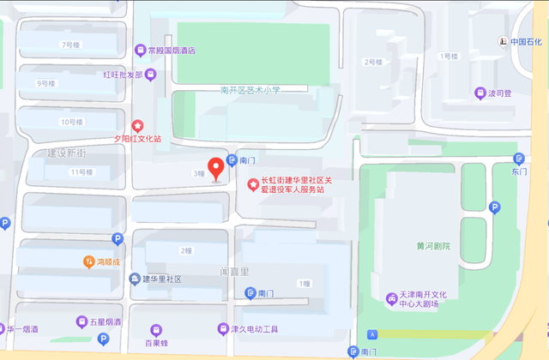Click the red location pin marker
click(x=216, y=167)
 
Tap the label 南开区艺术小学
click(x=250, y=88)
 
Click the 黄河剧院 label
click(x=433, y=246)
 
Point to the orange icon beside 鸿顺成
click(x=88, y=261)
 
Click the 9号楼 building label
click(x=46, y=83)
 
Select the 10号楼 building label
click(x=71, y=123)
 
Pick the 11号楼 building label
click(x=81, y=172)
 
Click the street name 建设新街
click(x=66, y=153)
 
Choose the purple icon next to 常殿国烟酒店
click(x=140, y=50)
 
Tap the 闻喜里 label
click(x=233, y=272)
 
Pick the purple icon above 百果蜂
click(x=155, y=328)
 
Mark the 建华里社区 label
click(x=161, y=279)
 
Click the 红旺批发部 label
click(x=123, y=75)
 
